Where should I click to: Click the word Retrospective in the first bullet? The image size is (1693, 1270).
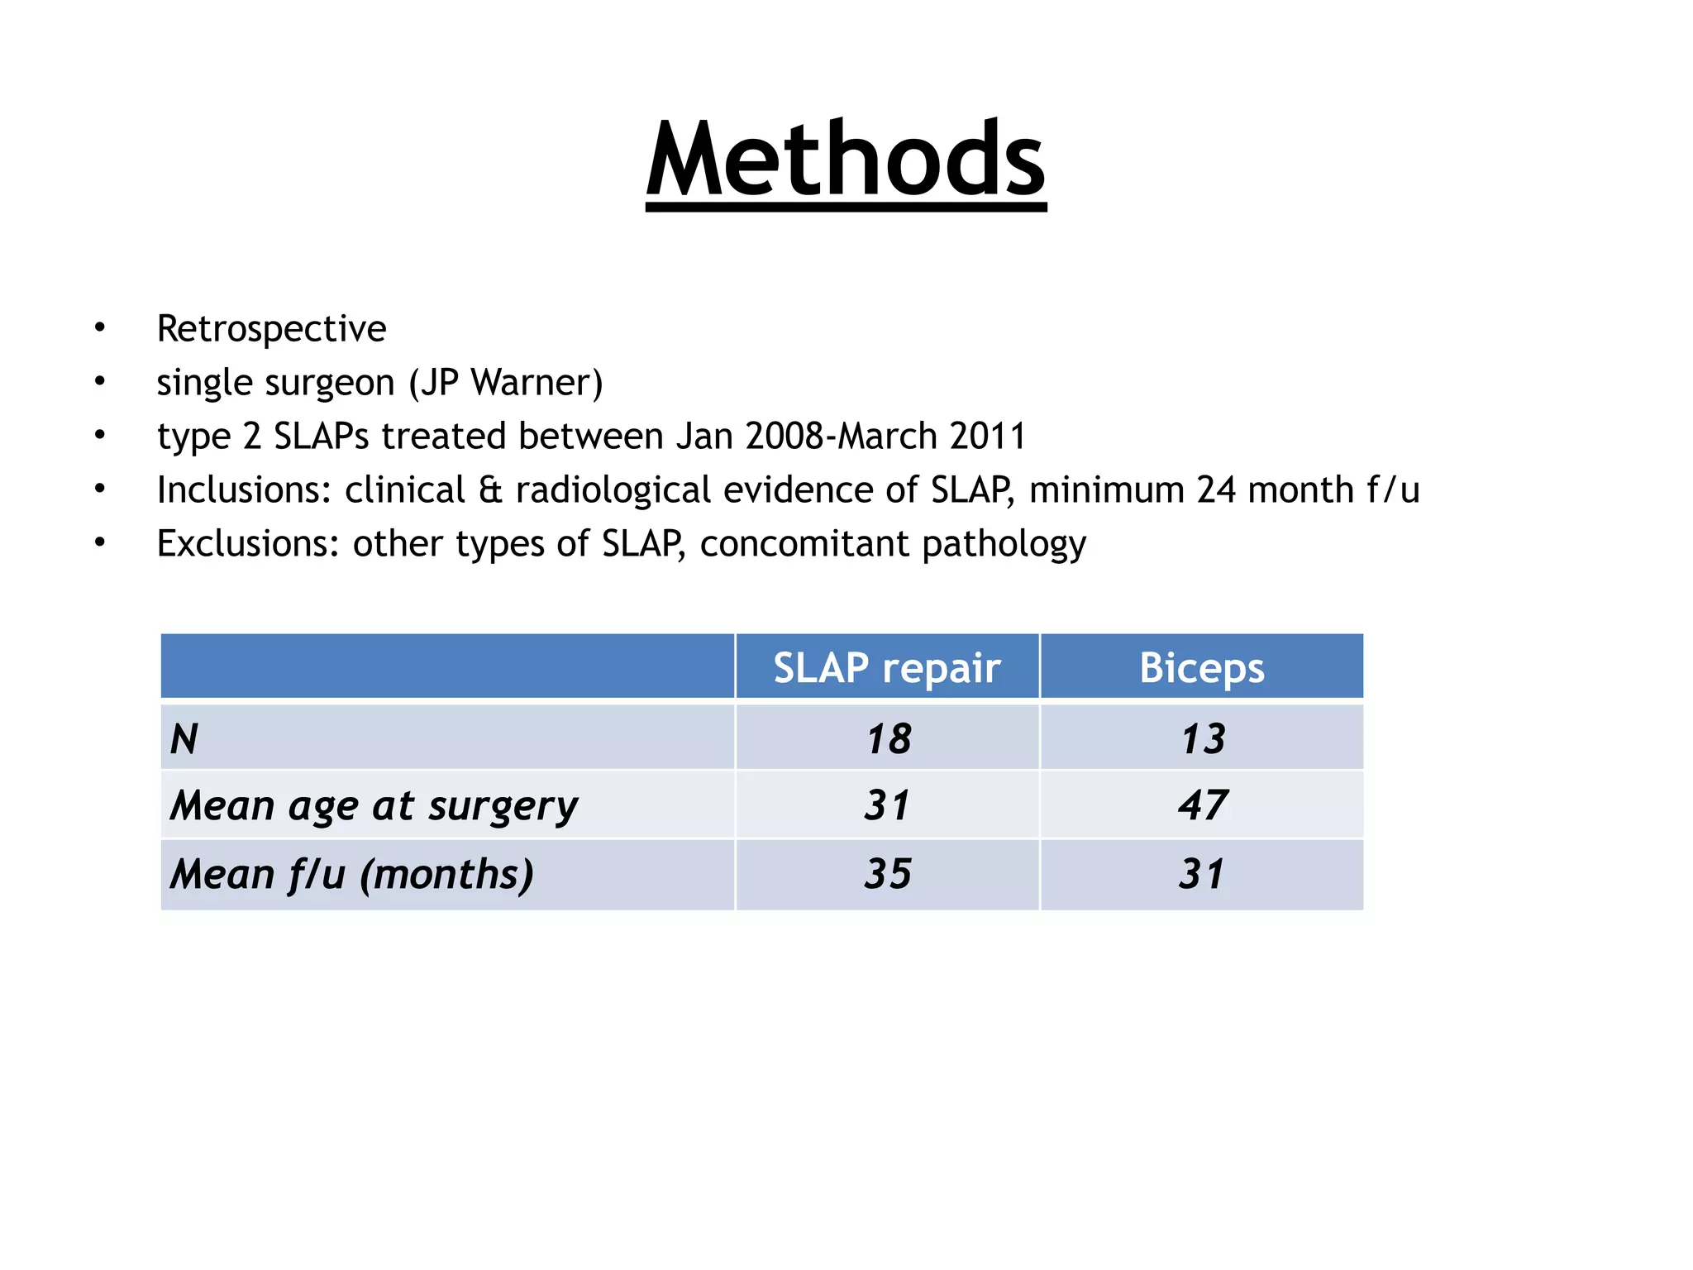[x=271, y=329]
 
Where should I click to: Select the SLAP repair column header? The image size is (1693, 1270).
[x=886, y=667]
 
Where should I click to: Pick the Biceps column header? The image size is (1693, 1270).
[x=1201, y=667]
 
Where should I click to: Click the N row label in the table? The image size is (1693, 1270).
[x=184, y=738]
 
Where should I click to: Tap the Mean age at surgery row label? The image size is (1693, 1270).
[x=374, y=806]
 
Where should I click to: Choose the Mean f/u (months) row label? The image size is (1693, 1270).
[x=352, y=875]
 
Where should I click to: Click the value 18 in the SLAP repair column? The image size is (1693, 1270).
[x=888, y=738]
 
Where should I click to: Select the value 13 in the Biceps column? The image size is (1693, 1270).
[x=1202, y=738]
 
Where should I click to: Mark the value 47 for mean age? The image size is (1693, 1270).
[x=1202, y=805]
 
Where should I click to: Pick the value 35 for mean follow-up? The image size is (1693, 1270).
[x=888, y=874]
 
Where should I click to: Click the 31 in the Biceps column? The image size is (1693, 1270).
[x=1202, y=874]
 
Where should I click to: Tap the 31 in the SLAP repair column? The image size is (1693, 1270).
[x=888, y=805]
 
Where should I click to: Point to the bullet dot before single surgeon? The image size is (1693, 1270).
[x=100, y=382]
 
